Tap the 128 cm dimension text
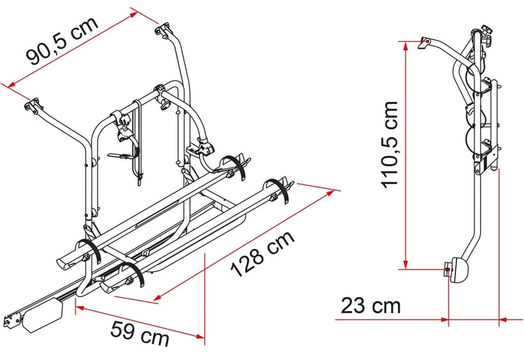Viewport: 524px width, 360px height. coord(263,254)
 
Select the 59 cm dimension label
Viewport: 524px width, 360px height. coord(140,333)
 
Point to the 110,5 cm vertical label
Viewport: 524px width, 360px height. coord(390,145)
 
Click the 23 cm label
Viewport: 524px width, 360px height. coord(370,305)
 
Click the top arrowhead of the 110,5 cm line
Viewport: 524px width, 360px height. coord(406,46)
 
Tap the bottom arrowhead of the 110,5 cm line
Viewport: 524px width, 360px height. coord(406,264)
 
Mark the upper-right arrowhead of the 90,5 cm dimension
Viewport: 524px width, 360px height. coord(133,15)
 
